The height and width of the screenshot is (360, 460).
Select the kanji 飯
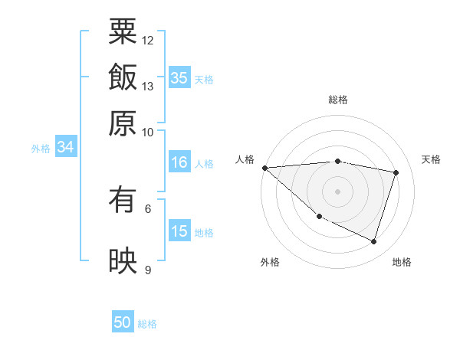point(123,77)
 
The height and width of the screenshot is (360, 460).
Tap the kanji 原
point(123,123)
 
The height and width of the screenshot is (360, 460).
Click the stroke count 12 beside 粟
point(148,40)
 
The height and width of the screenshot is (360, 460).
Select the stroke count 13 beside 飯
point(148,86)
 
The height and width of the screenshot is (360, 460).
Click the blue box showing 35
point(179,77)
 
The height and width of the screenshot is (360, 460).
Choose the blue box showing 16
point(179,162)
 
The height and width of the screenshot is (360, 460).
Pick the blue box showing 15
point(179,231)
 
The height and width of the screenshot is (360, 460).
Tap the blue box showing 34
point(65,147)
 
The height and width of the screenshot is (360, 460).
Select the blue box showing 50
point(123,322)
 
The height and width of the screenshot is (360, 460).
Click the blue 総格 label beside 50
point(147,324)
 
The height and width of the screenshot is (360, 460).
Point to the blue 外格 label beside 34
point(41,149)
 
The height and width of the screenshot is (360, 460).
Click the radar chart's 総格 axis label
point(338,100)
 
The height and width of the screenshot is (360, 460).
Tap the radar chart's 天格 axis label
point(432,159)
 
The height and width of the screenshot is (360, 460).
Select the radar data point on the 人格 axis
point(264,167)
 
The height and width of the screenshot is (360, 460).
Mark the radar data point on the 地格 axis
point(373,242)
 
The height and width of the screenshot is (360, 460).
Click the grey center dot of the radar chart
point(338,191)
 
